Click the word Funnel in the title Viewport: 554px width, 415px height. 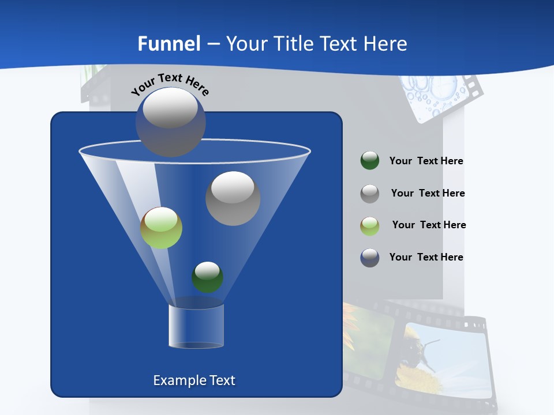click(x=169, y=44)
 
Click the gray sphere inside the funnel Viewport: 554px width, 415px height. click(x=233, y=198)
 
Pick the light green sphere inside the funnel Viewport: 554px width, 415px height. click(x=162, y=228)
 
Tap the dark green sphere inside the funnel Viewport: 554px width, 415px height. click(x=207, y=277)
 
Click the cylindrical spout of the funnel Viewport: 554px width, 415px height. click(x=196, y=326)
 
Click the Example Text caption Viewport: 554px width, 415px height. click(x=194, y=380)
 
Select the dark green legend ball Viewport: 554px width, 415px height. click(x=370, y=161)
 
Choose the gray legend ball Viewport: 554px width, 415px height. click(x=370, y=194)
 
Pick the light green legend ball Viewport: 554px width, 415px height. click(x=370, y=225)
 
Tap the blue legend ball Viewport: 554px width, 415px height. click(x=370, y=258)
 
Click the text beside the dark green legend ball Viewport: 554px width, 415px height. click(x=426, y=161)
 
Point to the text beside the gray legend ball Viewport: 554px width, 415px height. click(x=428, y=194)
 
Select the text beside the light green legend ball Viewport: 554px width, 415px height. click(x=429, y=225)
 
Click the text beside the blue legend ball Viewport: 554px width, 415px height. click(x=426, y=258)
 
